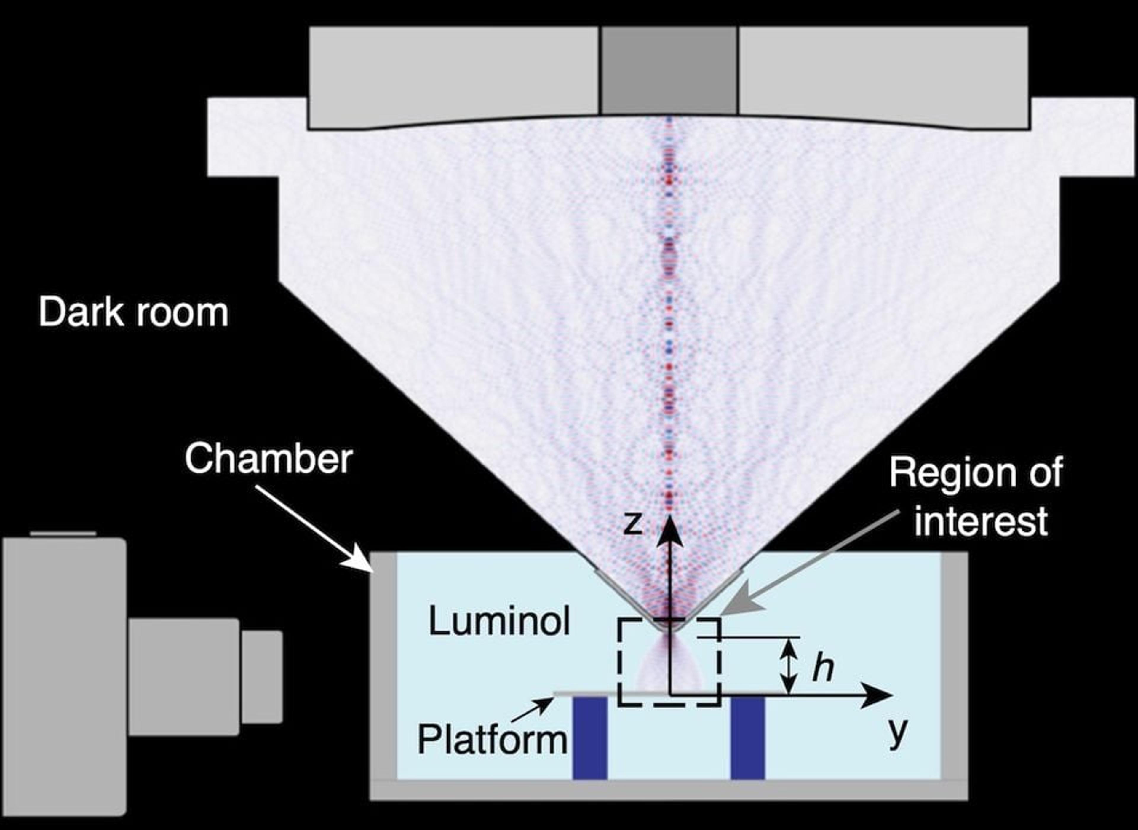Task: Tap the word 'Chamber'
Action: [269, 459]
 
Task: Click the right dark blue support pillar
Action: [748, 738]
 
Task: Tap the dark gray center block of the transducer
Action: [669, 70]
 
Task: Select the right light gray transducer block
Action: [883, 75]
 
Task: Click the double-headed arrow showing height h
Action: [790, 667]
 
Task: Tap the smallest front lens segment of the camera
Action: [262, 677]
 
